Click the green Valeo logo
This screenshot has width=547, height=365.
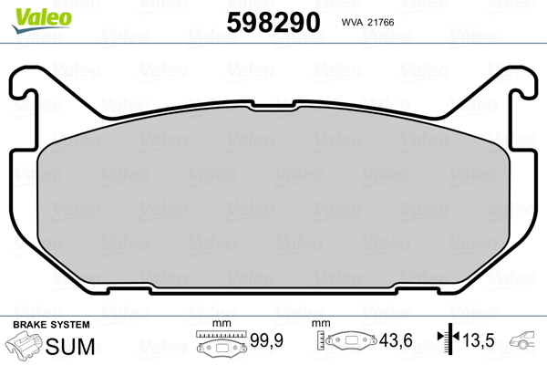42,20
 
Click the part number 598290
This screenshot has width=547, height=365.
273,22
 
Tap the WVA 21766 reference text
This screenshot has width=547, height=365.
367,22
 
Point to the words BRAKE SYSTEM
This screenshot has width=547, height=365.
51,325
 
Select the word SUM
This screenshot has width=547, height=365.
70,347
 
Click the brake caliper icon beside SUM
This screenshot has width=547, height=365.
24,344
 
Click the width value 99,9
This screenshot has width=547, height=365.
266,340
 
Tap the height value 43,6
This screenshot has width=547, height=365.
396,340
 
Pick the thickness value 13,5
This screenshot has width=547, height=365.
479,340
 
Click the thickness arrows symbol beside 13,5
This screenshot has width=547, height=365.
449,339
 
